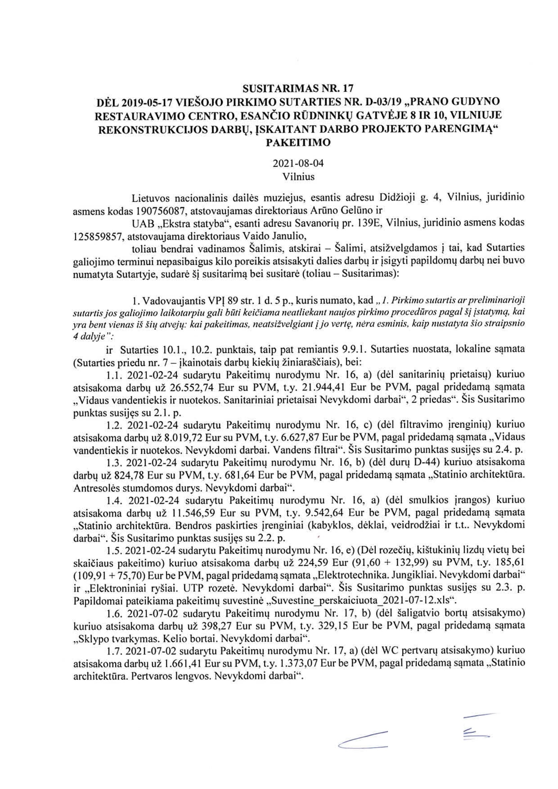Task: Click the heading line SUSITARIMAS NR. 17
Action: pyautogui.click(x=298, y=89)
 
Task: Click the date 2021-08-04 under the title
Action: pyautogui.click(x=298, y=164)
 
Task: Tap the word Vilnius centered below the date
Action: pyautogui.click(x=298, y=177)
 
